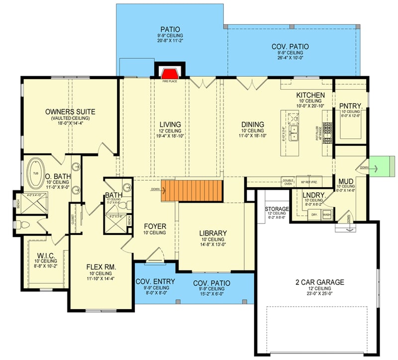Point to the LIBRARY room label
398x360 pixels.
click(x=212, y=233)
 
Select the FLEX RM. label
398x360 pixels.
click(x=101, y=267)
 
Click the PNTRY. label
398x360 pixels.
click(x=350, y=106)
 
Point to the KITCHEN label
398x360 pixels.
click(x=310, y=95)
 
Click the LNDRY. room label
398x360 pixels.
click(x=314, y=195)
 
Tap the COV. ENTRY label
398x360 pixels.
click(x=155, y=282)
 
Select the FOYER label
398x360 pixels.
click(x=155, y=226)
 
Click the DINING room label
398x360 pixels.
click(x=252, y=124)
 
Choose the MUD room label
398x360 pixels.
click(x=345, y=181)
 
